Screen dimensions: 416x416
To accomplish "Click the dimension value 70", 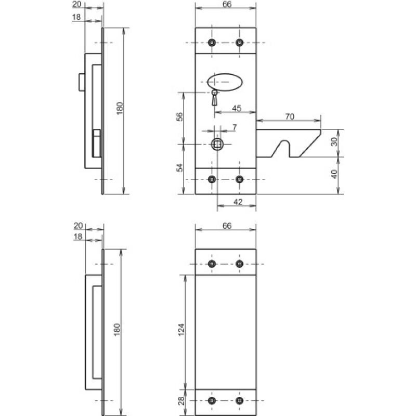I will point(290,117).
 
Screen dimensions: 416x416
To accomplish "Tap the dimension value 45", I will point(236,108).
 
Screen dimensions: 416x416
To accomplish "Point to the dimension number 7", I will point(235,127).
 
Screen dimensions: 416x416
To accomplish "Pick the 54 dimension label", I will point(179,168).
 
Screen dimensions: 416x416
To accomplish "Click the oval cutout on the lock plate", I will point(225,82).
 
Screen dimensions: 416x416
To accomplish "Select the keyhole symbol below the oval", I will point(214,97).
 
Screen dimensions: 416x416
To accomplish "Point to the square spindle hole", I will point(217,144).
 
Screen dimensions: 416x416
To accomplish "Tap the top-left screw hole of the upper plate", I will point(211,43).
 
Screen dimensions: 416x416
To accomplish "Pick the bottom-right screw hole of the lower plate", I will point(239,401).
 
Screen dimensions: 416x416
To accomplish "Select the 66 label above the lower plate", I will point(226,226).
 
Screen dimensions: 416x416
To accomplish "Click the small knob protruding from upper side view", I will point(81,82).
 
